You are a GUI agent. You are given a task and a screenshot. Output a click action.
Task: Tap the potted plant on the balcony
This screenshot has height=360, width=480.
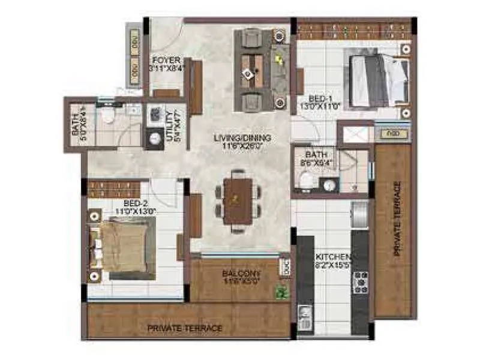click(x=281, y=294)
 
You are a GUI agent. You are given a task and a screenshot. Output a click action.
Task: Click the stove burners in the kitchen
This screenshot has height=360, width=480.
click(x=361, y=282)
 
